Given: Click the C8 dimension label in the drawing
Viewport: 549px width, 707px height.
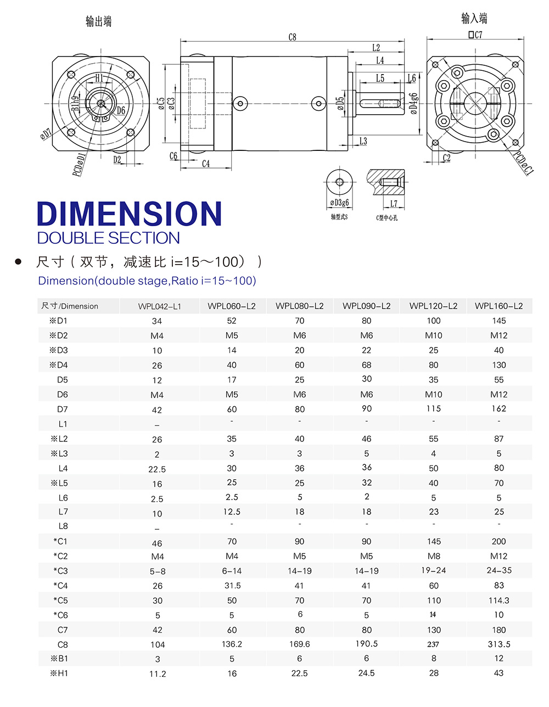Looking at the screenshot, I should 292,37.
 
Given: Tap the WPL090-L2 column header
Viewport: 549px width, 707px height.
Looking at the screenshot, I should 366,306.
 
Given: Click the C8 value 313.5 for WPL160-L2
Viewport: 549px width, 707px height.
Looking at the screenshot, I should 498,644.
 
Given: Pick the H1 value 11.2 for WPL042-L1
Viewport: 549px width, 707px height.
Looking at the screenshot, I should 157,674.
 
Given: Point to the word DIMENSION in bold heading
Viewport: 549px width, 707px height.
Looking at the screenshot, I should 129,214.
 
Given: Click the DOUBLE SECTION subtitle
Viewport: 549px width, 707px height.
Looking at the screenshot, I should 108,238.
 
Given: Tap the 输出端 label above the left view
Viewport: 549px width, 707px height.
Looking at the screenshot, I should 99,21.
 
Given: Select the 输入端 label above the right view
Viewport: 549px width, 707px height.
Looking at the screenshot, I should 474,19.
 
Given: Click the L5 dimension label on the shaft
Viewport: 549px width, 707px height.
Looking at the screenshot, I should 380,78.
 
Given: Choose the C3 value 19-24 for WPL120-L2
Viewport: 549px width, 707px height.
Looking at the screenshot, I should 433,571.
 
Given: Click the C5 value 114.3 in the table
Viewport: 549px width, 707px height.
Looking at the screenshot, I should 498,601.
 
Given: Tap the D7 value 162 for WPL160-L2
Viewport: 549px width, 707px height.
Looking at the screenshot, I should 498,409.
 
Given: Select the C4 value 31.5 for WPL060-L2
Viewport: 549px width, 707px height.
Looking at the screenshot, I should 232,586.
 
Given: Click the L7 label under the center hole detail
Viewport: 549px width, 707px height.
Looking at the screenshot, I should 394,204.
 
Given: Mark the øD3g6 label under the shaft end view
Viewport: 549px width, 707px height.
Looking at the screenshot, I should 339,203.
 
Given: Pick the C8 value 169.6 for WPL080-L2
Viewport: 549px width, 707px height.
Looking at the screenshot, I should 299,644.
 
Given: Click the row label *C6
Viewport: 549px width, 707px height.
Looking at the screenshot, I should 61,615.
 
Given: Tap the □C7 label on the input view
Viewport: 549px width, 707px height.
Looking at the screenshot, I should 475,35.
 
